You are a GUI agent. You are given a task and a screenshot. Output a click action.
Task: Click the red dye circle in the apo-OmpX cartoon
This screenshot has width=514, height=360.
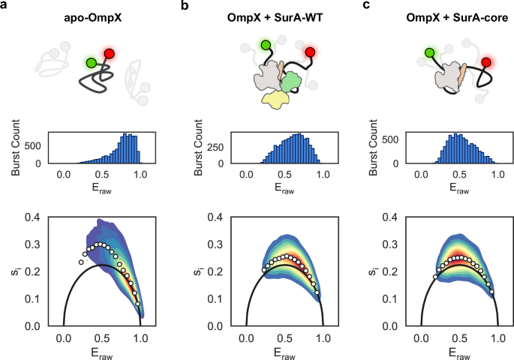pyautogui.click(x=110, y=54)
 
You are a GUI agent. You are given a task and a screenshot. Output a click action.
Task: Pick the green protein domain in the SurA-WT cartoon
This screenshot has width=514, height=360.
pyautogui.click(x=290, y=78)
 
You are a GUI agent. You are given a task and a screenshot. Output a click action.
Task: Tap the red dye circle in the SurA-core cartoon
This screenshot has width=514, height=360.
pyautogui.click(x=487, y=62)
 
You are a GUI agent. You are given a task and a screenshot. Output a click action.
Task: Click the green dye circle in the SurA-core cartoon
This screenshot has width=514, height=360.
pyautogui.click(x=430, y=53)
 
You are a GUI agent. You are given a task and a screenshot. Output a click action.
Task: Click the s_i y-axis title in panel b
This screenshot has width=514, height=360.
pyautogui.click(x=197, y=271)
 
